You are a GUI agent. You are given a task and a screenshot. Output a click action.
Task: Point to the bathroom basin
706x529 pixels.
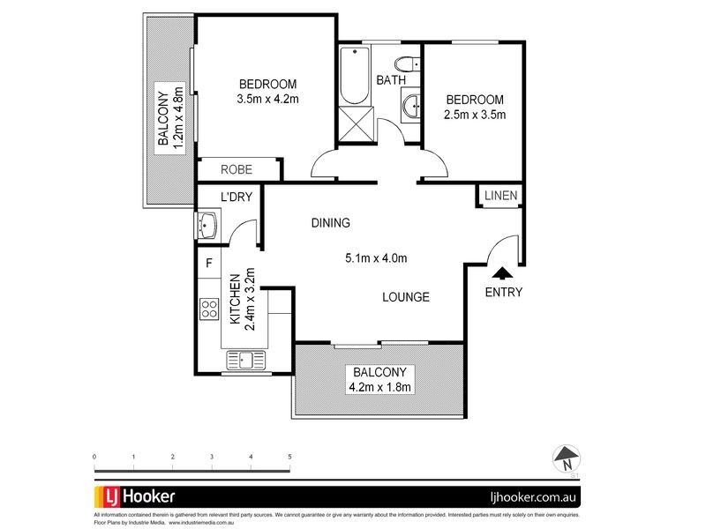pos(410,108)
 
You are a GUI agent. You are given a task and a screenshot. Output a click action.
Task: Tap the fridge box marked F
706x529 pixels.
pos(209,263)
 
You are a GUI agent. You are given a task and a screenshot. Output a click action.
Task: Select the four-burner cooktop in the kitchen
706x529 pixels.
pos(210,309)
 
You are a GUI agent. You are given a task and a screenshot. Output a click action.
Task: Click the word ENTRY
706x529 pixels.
pos(504,293)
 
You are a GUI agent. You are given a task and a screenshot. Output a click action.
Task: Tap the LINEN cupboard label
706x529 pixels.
pos(500,196)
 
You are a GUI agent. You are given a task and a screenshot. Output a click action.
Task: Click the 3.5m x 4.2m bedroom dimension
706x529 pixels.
pos(267,99)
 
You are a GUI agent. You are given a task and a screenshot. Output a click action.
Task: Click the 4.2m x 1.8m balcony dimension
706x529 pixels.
pos(381,386)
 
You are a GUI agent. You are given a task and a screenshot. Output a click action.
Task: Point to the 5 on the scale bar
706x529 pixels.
pos(289,457)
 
